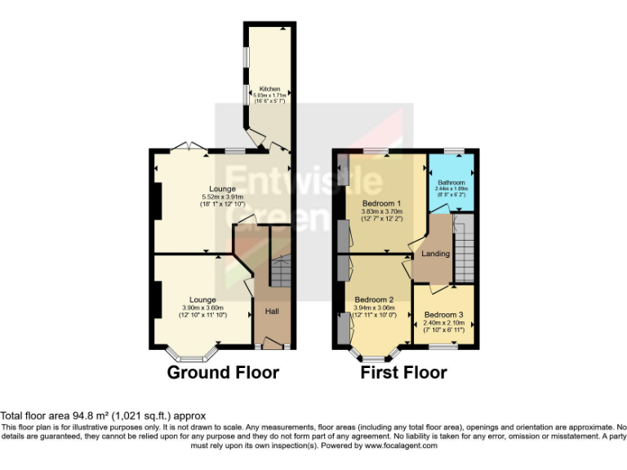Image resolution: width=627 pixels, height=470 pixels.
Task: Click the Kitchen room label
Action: pos(270,88)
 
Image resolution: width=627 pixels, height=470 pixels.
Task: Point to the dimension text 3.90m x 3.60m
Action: pos(202,308)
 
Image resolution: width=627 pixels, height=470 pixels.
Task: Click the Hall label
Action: pos(271,312)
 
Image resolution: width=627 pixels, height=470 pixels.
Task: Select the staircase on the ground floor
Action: pos(280,271)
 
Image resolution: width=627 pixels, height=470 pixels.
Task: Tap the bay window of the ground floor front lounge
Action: pos(193,355)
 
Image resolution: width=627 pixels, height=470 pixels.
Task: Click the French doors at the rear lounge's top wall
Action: pos(187,148)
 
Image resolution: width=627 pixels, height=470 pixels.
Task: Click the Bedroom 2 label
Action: pos(375,299)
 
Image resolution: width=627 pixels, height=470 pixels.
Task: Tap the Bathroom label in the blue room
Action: pos(451,182)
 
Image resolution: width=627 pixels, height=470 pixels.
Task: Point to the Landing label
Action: pos(435,254)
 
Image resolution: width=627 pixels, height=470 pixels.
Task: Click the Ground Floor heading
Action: pos(223,373)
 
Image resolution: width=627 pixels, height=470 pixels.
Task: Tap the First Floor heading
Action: pos(403,373)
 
